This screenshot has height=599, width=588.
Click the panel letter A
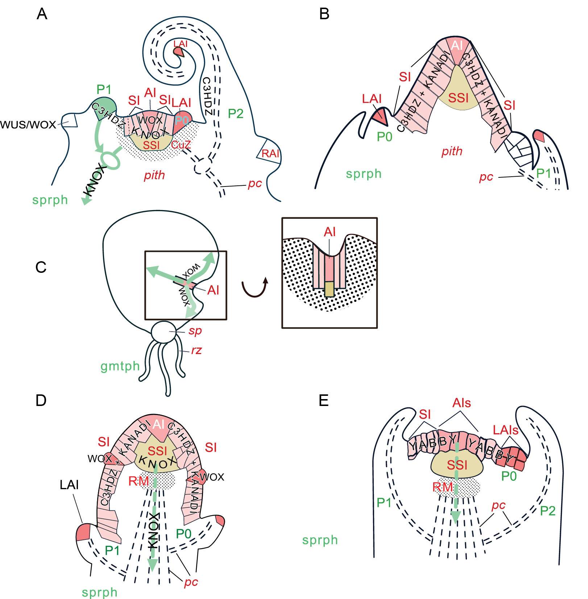42,14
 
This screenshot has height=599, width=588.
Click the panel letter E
323,401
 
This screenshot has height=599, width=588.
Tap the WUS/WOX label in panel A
28,125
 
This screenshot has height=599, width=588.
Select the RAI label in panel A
270,153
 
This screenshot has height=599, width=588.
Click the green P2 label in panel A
236,114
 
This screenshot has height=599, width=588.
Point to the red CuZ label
181,145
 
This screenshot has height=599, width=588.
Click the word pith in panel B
452,151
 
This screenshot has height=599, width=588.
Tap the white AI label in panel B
456,46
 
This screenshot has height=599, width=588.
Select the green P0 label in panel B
384,137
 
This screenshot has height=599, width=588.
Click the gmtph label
120,366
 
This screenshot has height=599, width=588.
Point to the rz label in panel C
196,350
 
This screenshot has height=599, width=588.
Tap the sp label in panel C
195,331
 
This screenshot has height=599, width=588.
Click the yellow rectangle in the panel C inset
329,289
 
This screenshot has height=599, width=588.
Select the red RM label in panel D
138,481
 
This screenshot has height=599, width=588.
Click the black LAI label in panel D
69,485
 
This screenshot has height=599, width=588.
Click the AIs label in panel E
461,403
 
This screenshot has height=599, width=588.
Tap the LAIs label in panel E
505,430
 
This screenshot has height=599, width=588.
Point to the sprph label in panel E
320,540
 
